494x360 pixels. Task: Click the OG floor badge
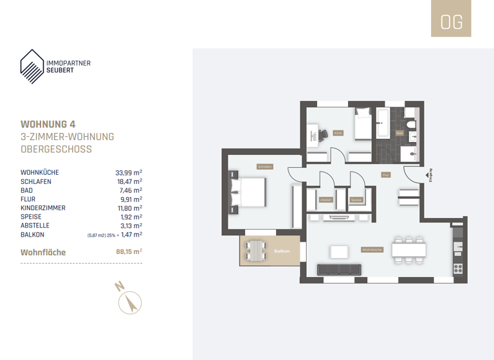coord(451,21)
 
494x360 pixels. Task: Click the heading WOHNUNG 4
coord(52,123)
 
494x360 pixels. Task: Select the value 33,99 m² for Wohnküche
coord(129,173)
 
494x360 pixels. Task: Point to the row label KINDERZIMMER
coord(43,208)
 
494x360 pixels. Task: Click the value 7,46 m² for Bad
coord(131,191)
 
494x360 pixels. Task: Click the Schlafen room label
coord(264,166)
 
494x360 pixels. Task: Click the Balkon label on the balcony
coord(281,251)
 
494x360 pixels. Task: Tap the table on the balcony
coord(257,250)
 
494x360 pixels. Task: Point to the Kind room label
coord(338,133)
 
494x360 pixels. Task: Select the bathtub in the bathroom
coord(383,123)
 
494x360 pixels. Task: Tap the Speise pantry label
coord(356,199)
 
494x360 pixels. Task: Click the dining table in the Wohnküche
coord(409,248)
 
